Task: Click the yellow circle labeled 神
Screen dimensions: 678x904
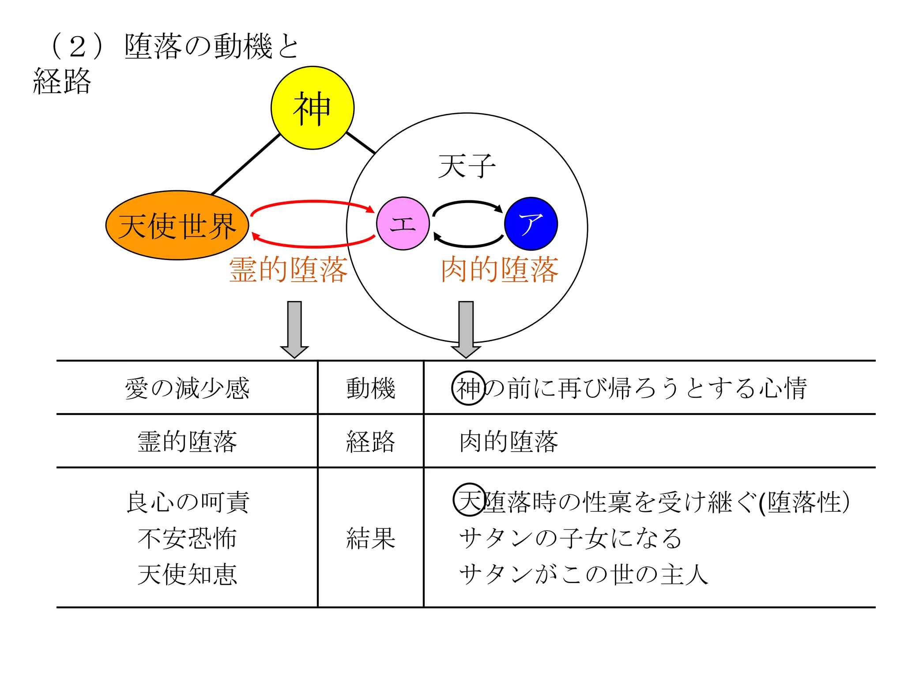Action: (x=312, y=108)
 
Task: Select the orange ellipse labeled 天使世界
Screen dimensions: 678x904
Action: (x=177, y=225)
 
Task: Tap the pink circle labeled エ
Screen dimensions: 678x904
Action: (x=403, y=223)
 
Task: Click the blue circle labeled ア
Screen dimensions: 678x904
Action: (x=531, y=223)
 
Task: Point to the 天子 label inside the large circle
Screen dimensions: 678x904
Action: (x=467, y=166)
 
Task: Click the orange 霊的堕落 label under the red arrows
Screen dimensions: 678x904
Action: (x=288, y=269)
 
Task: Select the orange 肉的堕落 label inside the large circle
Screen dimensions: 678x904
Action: (x=500, y=269)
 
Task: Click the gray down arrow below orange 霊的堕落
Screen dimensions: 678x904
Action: (x=294, y=329)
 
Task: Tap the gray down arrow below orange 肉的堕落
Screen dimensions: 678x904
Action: (x=466, y=329)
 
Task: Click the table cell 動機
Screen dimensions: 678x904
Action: (x=370, y=388)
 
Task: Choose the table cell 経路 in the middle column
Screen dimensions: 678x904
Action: (x=370, y=441)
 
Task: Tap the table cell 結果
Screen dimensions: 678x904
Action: (x=370, y=538)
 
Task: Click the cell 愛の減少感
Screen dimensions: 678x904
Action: (x=187, y=388)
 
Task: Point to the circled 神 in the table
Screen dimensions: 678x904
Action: (x=468, y=388)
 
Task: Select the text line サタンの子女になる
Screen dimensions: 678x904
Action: (x=570, y=539)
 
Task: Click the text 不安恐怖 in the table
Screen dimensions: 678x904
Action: (x=187, y=539)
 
